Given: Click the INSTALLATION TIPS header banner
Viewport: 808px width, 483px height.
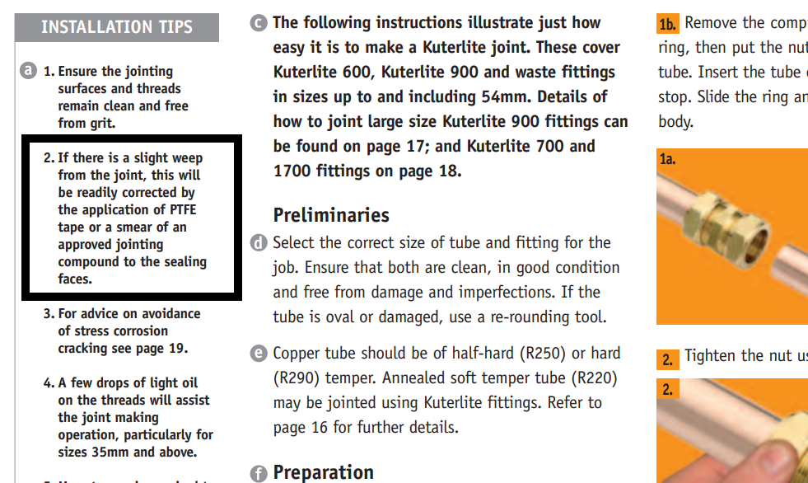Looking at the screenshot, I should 117,27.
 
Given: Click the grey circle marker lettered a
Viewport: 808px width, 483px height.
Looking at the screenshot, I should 29,71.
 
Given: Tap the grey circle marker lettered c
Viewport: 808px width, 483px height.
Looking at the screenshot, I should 259,22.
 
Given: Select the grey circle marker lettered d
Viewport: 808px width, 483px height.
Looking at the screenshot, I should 259,243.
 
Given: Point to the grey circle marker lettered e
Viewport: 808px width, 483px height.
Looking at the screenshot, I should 259,354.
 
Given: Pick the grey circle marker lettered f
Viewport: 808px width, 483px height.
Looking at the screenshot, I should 259,473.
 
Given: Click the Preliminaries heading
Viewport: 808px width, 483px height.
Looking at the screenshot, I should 331,216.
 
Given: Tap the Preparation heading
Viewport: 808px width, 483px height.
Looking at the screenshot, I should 323,472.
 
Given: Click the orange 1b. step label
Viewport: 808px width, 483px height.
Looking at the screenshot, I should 667,23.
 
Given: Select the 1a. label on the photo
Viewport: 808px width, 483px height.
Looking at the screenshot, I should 668,159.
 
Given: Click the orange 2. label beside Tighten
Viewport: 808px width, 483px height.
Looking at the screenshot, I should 667,359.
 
